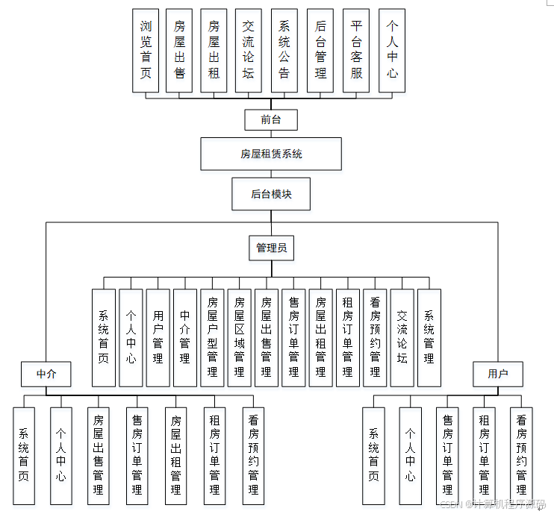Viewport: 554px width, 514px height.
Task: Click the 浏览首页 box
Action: pyautogui.click(x=146, y=50)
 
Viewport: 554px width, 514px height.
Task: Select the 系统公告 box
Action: pyautogui.click(x=284, y=50)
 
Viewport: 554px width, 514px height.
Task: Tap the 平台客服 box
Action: pyautogui.click(x=356, y=50)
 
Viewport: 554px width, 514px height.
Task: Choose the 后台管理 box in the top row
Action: pyautogui.click(x=320, y=50)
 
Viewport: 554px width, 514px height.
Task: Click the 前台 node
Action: pyautogui.click(x=271, y=119)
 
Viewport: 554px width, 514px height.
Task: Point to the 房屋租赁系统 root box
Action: pyautogui.click(x=271, y=154)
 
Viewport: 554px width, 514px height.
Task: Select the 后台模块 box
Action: pyautogui.click(x=271, y=194)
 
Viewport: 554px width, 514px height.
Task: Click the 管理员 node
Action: pyautogui.click(x=271, y=248)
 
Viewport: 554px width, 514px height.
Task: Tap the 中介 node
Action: pyautogui.click(x=46, y=374)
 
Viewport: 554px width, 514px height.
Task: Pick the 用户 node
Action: pyautogui.click(x=497, y=374)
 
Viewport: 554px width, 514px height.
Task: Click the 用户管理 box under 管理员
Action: pyautogui.click(x=158, y=337)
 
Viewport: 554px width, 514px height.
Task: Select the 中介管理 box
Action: pyautogui.click(x=185, y=337)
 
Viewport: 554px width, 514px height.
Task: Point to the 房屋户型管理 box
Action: pyautogui.click(x=212, y=337)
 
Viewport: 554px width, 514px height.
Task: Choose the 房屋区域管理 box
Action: pyautogui.click(x=239, y=337)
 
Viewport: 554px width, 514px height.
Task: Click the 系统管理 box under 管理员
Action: pyautogui.click(x=429, y=337)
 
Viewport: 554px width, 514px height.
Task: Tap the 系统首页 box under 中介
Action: pyautogui.click(x=24, y=455)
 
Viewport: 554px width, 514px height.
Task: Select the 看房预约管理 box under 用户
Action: pyautogui.click(x=521, y=455)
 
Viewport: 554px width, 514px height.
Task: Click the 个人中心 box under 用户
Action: pyautogui.click(x=410, y=455)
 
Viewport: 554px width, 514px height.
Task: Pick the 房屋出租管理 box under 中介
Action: pyautogui.click(x=176, y=455)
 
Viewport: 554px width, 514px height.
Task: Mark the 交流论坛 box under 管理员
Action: pyautogui.click(x=402, y=337)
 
